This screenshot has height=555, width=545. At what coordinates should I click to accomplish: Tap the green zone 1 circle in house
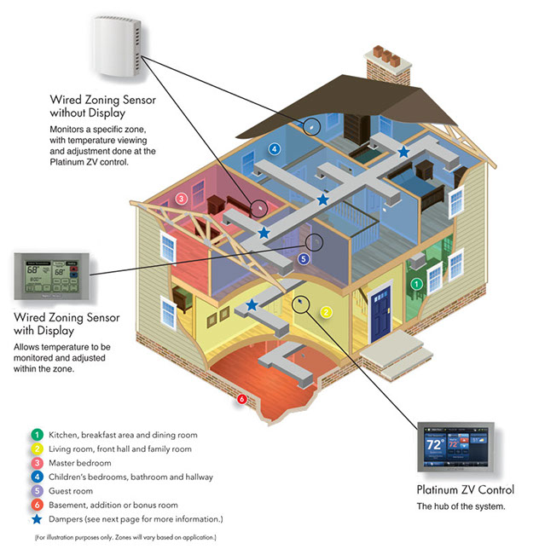(416, 283)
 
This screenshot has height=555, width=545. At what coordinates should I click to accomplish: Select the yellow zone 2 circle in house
(325, 312)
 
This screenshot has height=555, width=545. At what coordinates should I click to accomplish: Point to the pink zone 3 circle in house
(181, 199)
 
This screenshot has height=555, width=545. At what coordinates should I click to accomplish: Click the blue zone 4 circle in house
(274, 149)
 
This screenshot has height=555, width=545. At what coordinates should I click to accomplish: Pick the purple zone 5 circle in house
(303, 258)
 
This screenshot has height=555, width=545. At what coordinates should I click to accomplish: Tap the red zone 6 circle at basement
(242, 399)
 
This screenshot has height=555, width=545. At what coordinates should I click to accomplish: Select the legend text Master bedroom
(81, 463)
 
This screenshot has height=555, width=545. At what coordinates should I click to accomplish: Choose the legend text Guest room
(72, 491)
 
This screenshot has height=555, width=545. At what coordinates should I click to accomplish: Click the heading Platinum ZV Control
(465, 490)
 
